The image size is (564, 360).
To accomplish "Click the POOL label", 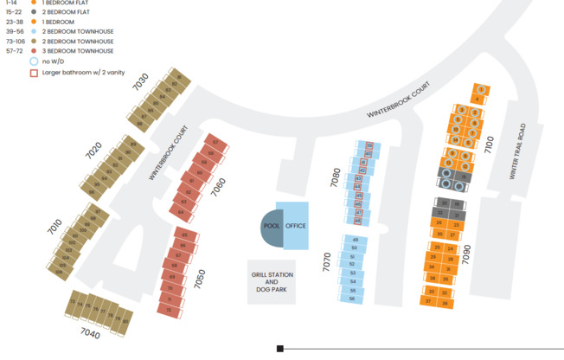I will click(271, 226).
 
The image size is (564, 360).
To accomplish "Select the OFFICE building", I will click(296, 226).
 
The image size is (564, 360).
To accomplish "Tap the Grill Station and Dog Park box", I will click(272, 282).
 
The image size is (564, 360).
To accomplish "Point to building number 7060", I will click(219, 187).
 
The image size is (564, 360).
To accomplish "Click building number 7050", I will click(200, 278).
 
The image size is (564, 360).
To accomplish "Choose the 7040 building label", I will click(89, 334).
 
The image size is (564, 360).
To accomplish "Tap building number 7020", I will click(94, 149).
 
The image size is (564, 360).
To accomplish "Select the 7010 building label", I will click(54, 227).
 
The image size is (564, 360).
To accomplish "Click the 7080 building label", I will click(335, 178).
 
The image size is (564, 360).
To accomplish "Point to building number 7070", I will click(327, 262).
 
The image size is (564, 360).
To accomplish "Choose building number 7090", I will click(466, 254).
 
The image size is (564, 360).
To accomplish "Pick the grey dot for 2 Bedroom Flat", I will click(34, 12).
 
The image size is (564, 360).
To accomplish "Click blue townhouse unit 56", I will click(352, 299).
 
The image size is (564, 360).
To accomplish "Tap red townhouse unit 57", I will click(215, 141).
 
